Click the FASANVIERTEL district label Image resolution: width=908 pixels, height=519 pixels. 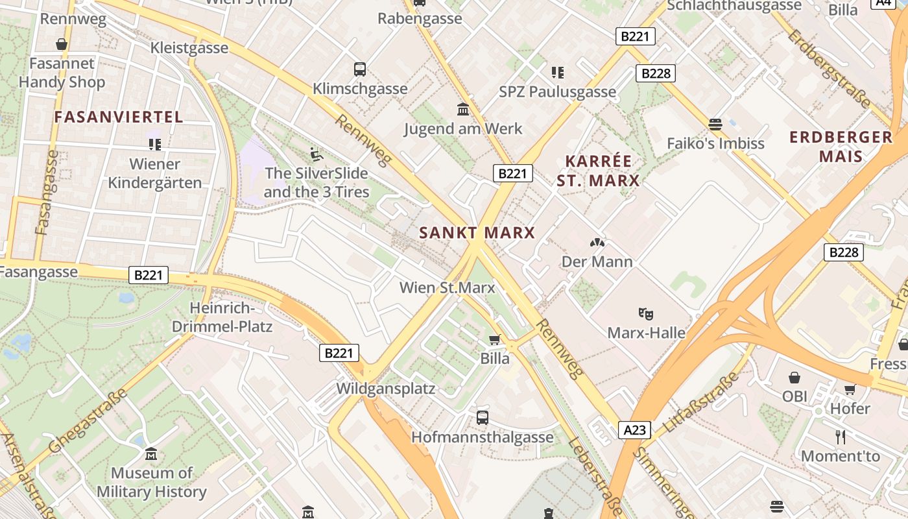(119, 117)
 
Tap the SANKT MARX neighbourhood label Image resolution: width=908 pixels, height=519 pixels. (477, 232)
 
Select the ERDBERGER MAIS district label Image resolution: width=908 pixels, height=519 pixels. (841, 147)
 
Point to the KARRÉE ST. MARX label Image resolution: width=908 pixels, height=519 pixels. (598, 171)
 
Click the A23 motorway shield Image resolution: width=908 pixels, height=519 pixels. (634, 429)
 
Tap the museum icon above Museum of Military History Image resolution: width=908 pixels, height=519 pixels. (151, 453)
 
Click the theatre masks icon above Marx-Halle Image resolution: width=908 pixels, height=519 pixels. (645, 313)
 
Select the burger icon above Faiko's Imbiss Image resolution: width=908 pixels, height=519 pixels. (715, 124)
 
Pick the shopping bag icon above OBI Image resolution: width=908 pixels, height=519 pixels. (794, 377)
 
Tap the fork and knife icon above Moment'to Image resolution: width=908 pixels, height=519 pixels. (841, 437)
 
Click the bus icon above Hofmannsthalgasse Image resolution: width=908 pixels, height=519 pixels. (483, 417)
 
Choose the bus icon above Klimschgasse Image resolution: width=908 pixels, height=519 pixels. (360, 69)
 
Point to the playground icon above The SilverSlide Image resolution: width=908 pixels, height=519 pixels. (316, 154)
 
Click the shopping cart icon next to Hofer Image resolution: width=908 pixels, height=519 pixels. (850, 389)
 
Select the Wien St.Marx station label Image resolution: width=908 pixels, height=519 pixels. (447, 287)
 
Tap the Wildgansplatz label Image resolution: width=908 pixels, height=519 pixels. (385, 389)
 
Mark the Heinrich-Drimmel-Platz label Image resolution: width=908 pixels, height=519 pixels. (222, 317)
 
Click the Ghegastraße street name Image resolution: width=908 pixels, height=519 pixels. (87, 422)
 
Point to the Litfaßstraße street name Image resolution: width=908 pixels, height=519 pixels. (702, 402)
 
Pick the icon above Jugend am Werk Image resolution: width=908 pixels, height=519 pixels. (463, 109)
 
